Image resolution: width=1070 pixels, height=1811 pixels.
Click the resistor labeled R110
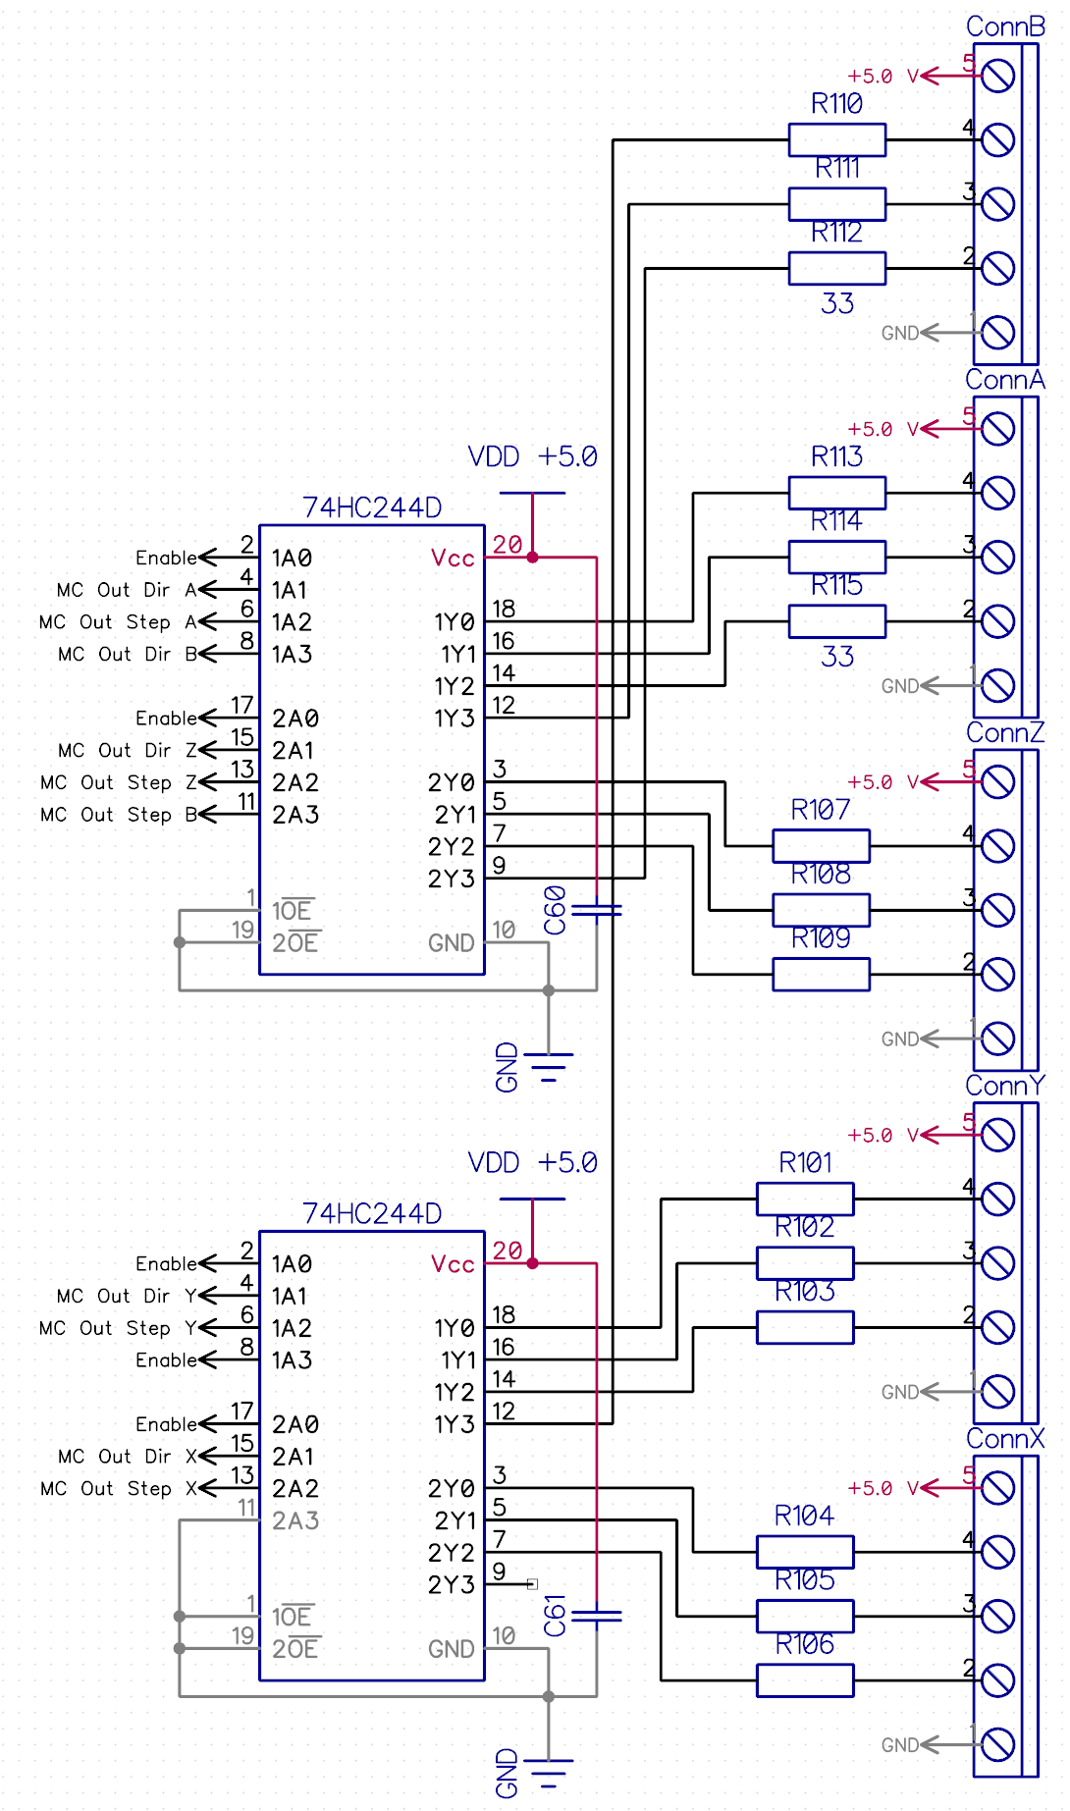[x=836, y=139]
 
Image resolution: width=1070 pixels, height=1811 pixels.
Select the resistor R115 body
[x=836, y=620]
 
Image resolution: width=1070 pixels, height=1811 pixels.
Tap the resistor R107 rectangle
[x=821, y=845]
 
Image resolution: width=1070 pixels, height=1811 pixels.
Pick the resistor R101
[x=805, y=1198]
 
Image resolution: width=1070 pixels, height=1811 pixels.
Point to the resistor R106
[x=805, y=1679]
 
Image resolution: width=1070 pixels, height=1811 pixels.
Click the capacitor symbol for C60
[x=597, y=911]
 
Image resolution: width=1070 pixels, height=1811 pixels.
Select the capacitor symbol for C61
[x=597, y=1616]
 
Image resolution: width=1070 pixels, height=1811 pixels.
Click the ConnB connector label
[x=1004, y=27]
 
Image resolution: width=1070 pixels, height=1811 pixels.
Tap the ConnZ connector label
[x=1004, y=732]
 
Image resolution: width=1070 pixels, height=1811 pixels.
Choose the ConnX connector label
[x=1004, y=1438]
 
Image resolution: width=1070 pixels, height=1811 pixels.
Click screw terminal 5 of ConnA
[x=998, y=428]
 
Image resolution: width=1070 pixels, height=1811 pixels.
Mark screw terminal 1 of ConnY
[x=998, y=1391]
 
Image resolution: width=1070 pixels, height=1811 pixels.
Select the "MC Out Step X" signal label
[x=119, y=1488]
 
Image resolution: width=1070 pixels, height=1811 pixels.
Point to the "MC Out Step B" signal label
[x=119, y=814]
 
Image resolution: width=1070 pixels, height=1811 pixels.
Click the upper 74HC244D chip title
[x=371, y=507]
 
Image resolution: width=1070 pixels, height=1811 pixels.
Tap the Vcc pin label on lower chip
[x=453, y=1263]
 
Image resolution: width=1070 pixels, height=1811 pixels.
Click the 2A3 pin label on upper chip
[x=295, y=814]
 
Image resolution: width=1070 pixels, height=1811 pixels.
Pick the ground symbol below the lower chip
[x=548, y=1766]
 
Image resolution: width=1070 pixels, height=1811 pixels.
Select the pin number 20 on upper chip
[x=507, y=545]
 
